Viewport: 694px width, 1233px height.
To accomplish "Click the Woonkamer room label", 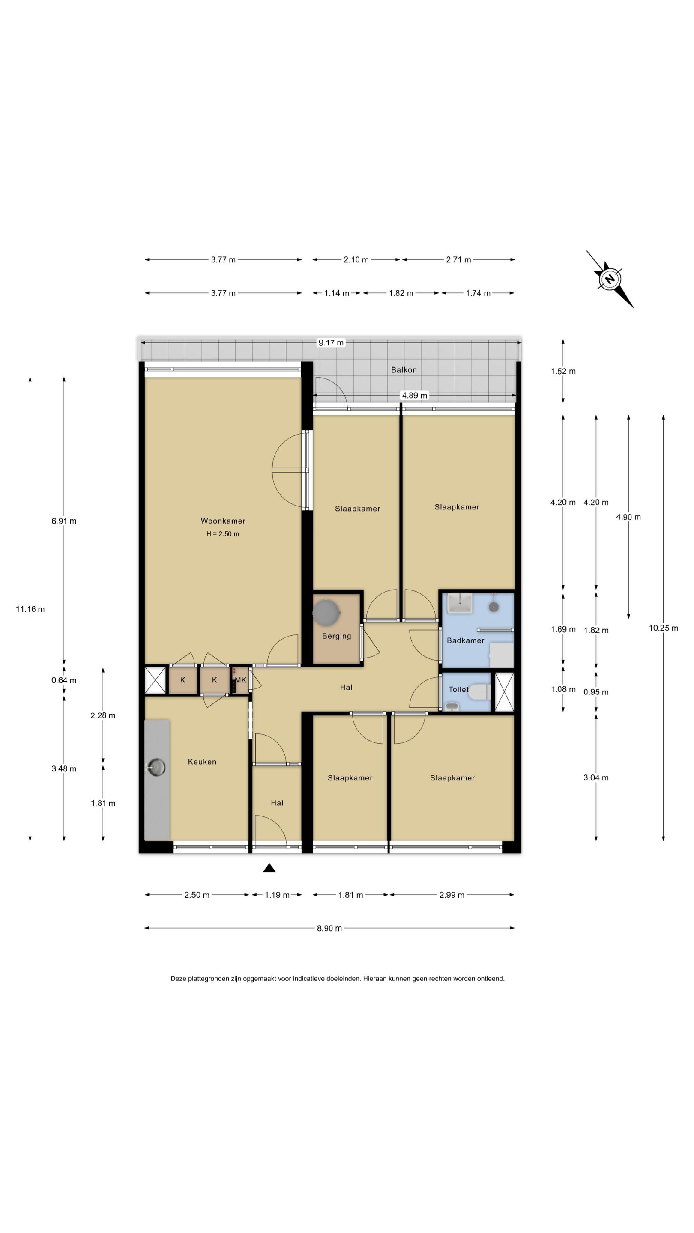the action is click(223, 521).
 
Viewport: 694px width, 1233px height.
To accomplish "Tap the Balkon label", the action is click(404, 370).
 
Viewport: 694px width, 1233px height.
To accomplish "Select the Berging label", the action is click(336, 636).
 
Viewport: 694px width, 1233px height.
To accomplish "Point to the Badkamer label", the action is click(465, 640).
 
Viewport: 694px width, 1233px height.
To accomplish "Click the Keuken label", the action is click(202, 762).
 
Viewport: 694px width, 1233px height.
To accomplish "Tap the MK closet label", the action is click(240, 680).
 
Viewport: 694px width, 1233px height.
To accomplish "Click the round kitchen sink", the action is click(156, 767).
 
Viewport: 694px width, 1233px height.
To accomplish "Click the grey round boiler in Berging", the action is click(326, 612).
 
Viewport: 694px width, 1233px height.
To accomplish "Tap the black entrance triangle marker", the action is click(269, 868).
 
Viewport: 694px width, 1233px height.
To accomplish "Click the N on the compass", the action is click(610, 279).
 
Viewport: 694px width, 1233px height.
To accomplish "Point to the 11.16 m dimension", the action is click(30, 609).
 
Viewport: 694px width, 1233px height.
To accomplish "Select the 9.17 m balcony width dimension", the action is click(331, 342).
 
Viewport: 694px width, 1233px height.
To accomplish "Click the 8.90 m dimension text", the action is click(329, 928).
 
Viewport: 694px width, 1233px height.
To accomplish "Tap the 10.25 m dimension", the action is click(663, 628).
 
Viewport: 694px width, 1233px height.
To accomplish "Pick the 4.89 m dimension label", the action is click(414, 395).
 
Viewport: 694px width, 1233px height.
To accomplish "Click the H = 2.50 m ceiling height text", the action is click(223, 534).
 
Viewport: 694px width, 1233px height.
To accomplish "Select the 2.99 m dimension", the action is click(452, 895).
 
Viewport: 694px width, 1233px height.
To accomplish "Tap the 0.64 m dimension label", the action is click(64, 680).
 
